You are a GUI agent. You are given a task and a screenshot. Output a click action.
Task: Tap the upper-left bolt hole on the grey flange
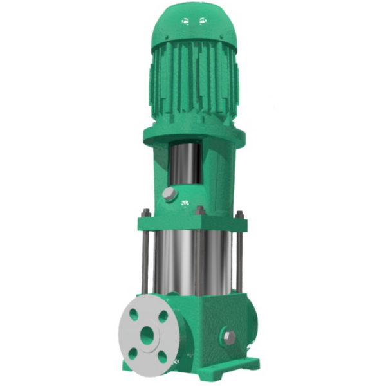pos(133,315)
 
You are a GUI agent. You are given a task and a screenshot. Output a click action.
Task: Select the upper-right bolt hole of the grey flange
pos(163,317)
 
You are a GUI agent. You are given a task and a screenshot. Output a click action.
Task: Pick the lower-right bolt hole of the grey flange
pos(161,356)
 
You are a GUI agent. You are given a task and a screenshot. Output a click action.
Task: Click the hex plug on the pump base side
pos(228,336)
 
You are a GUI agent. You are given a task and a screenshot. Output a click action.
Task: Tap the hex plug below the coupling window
pos(169,194)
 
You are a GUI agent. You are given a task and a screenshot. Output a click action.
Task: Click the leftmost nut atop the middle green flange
pos(146,213)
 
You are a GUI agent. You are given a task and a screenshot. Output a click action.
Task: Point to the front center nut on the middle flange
pos(200,210)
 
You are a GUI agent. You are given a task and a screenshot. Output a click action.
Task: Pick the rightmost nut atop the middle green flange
pos(239,214)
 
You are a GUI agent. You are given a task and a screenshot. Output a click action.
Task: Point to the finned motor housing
pos(193,84)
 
